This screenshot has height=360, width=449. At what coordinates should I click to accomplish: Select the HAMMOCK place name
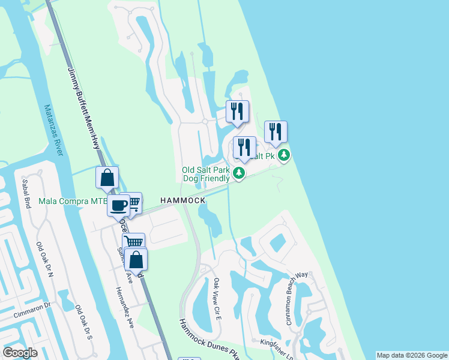183,200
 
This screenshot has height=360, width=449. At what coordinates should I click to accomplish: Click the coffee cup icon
118,205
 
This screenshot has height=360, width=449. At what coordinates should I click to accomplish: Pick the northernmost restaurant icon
237,111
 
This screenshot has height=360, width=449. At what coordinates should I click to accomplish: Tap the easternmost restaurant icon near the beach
276,132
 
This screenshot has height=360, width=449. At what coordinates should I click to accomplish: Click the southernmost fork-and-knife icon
244,148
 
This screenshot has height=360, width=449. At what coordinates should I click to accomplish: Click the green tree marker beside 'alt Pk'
284,156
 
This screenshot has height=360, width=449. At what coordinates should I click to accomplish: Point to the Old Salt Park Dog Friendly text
206,174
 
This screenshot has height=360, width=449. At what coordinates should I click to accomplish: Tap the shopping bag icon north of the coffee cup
107,178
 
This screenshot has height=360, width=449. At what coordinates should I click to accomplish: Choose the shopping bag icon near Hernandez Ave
136,260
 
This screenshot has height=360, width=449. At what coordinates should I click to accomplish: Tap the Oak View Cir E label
217,298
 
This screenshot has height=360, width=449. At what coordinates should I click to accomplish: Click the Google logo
20,353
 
